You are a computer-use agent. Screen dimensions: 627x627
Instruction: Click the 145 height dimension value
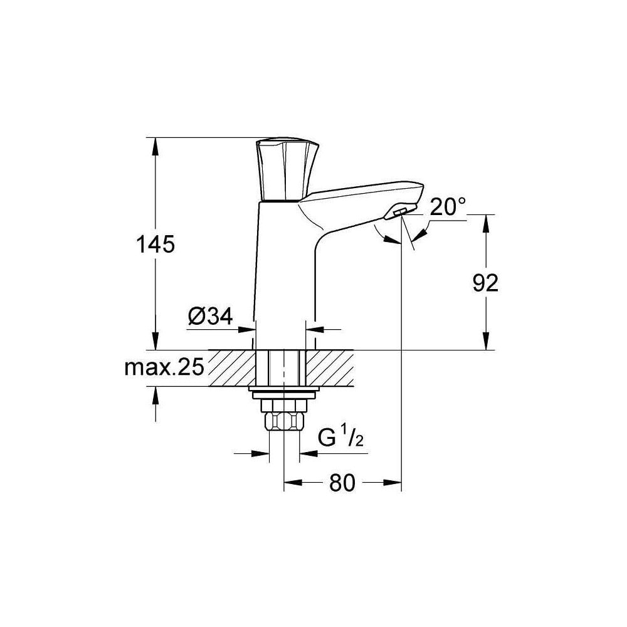(155, 244)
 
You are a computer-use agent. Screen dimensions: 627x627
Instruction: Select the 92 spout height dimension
(485, 283)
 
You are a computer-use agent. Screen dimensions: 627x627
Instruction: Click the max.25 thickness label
(165, 368)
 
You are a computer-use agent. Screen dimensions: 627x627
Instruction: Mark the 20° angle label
(448, 208)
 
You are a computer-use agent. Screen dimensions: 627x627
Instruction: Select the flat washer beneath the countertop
(283, 393)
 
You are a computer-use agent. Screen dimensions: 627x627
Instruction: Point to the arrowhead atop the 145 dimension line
(155, 143)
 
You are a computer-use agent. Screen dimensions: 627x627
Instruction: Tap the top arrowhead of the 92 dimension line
(485, 219)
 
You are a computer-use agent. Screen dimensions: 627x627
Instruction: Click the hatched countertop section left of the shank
(232, 367)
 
